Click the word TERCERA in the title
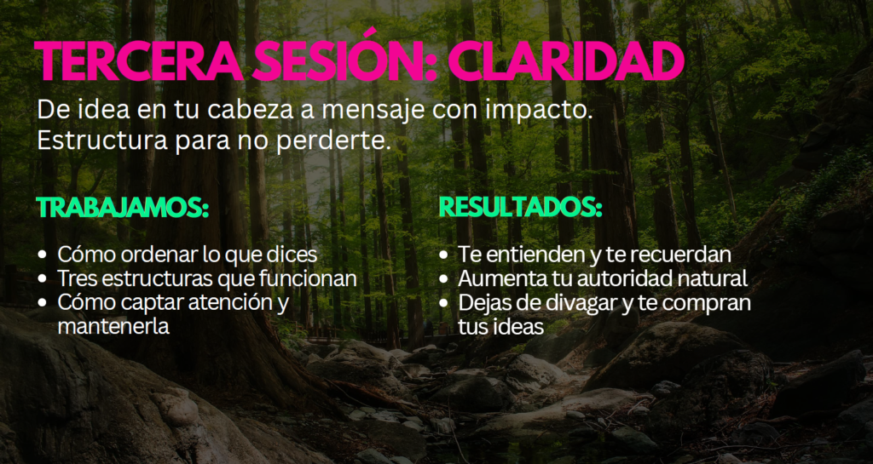click(139, 60)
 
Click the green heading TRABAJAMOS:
click(123, 208)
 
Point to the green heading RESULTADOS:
click(521, 208)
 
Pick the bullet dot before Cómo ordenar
click(43, 255)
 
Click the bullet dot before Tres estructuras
click(43, 279)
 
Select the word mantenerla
click(113, 325)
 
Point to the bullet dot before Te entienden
click(443, 255)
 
